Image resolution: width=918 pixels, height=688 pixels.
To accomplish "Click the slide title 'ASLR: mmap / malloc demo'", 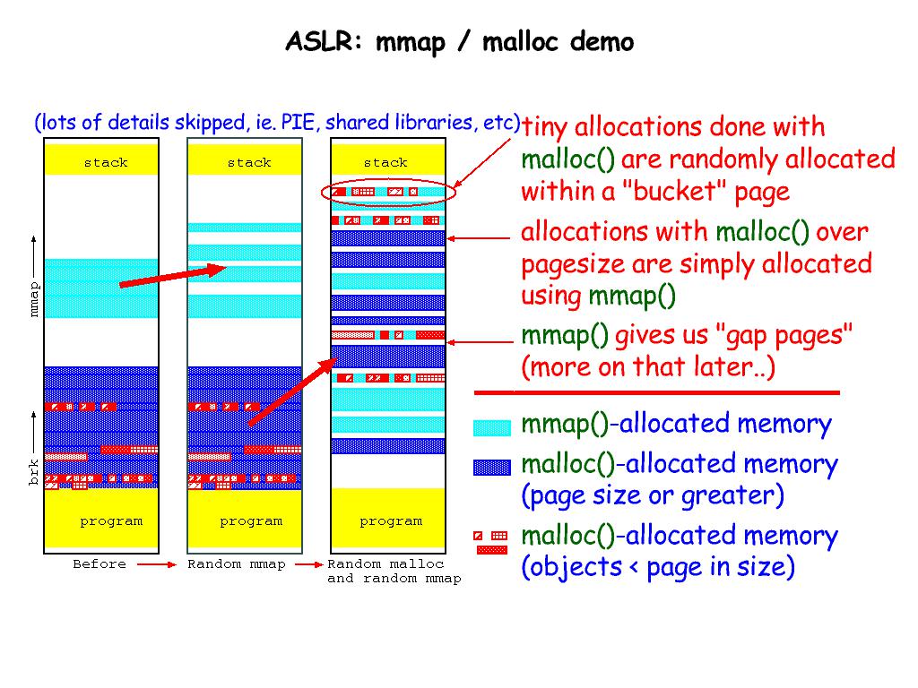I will [x=459, y=42].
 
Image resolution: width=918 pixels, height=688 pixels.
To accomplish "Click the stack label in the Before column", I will [x=106, y=162].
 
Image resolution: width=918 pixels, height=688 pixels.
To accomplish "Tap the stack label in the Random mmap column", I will [x=248, y=162].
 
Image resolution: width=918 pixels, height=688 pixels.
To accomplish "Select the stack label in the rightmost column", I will [x=385, y=162].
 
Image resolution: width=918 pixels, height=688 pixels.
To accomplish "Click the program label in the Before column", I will [x=111, y=520].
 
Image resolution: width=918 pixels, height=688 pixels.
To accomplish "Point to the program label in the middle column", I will [x=251, y=520].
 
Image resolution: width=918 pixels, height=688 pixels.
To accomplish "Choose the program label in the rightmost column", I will [x=391, y=520].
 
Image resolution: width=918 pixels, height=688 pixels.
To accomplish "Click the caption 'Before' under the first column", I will [x=100, y=564].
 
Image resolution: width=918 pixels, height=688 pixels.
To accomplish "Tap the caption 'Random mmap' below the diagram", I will [x=237, y=564].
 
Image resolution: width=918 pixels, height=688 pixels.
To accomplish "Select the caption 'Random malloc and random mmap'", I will [x=394, y=572].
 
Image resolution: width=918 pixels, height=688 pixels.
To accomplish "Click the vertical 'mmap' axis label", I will [x=34, y=299].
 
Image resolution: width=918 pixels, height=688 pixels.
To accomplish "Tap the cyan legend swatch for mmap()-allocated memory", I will [x=491, y=427].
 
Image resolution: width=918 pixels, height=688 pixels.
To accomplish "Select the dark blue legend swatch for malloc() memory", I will [x=491, y=467].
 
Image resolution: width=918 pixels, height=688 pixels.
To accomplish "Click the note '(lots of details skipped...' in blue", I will [x=277, y=123].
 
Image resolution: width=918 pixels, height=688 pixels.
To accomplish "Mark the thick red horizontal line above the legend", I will [x=656, y=392].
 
